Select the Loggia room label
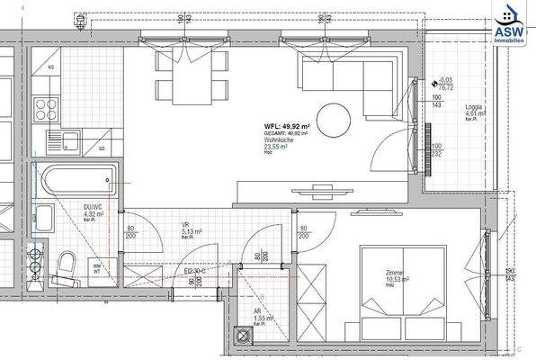tap(475, 111)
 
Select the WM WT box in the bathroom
tap(96, 268)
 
